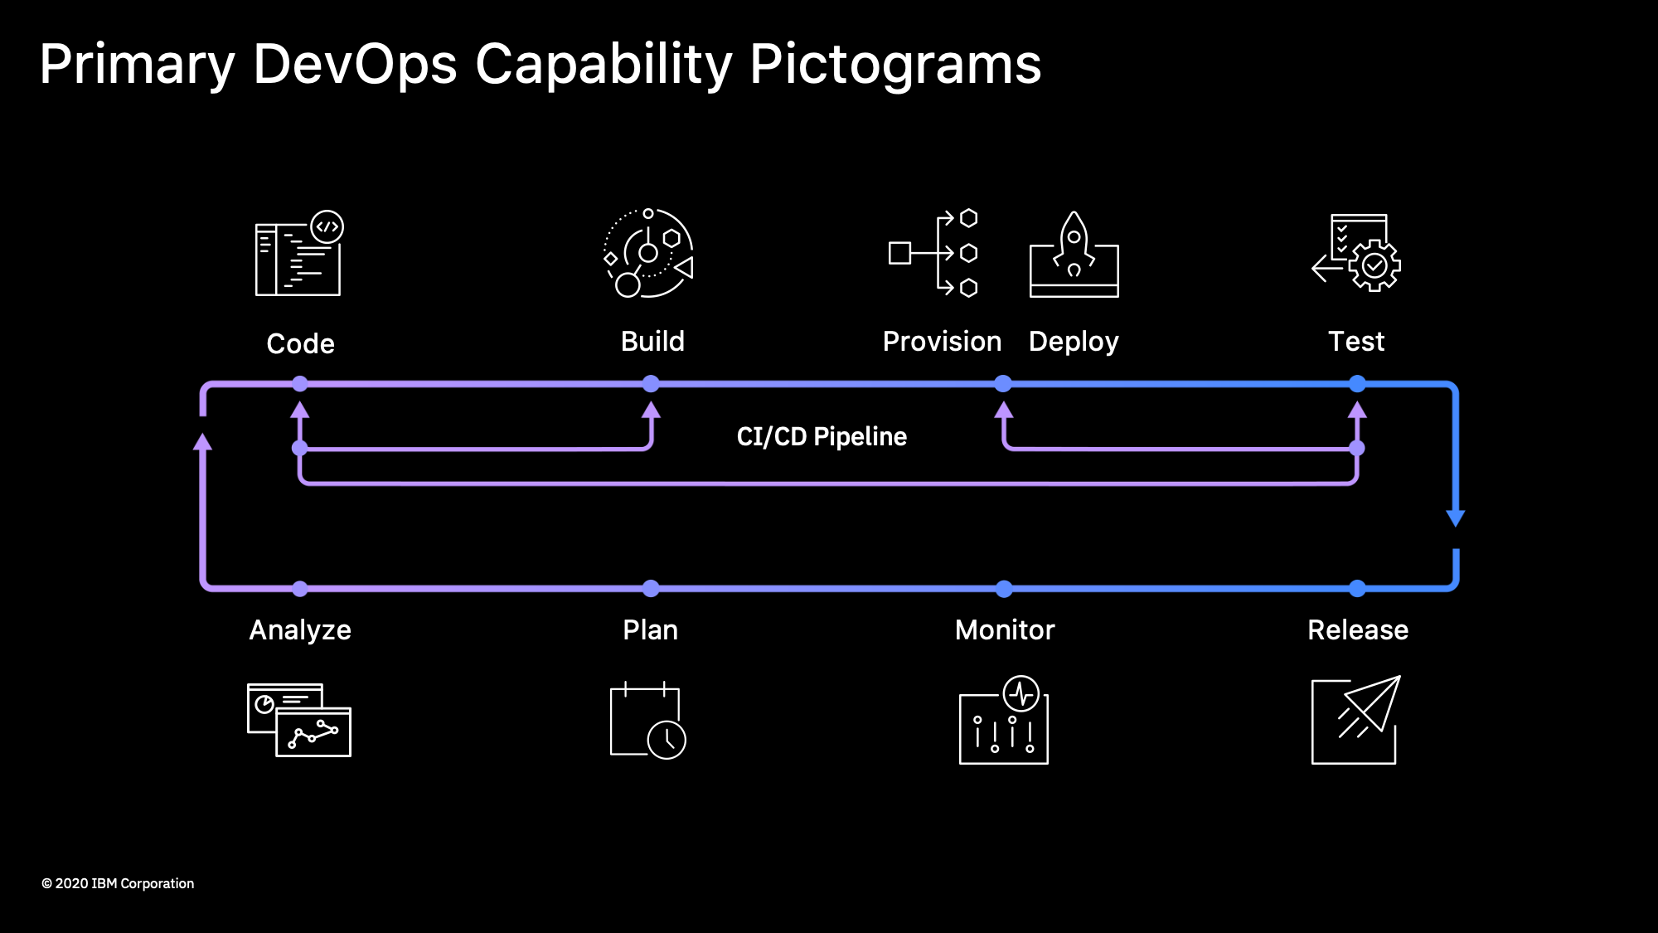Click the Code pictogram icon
coord(299,253)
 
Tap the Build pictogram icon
coord(649,253)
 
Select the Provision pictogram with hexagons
coord(933,253)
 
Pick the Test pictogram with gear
coord(1356,252)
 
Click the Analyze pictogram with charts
coord(299,720)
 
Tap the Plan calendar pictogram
coord(648,720)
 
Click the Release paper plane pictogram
coord(1356,720)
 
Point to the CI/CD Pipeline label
coord(822,436)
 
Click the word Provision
coord(942,341)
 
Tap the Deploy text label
coord(1074,342)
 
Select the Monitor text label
coord(1005,630)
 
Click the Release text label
coord(1358,630)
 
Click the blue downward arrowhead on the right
coord(1456,518)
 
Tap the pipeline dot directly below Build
coord(651,383)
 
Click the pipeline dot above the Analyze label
coord(300,589)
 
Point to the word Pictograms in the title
coord(895,65)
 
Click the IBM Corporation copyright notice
coord(118,884)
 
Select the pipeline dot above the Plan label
coord(651,589)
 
